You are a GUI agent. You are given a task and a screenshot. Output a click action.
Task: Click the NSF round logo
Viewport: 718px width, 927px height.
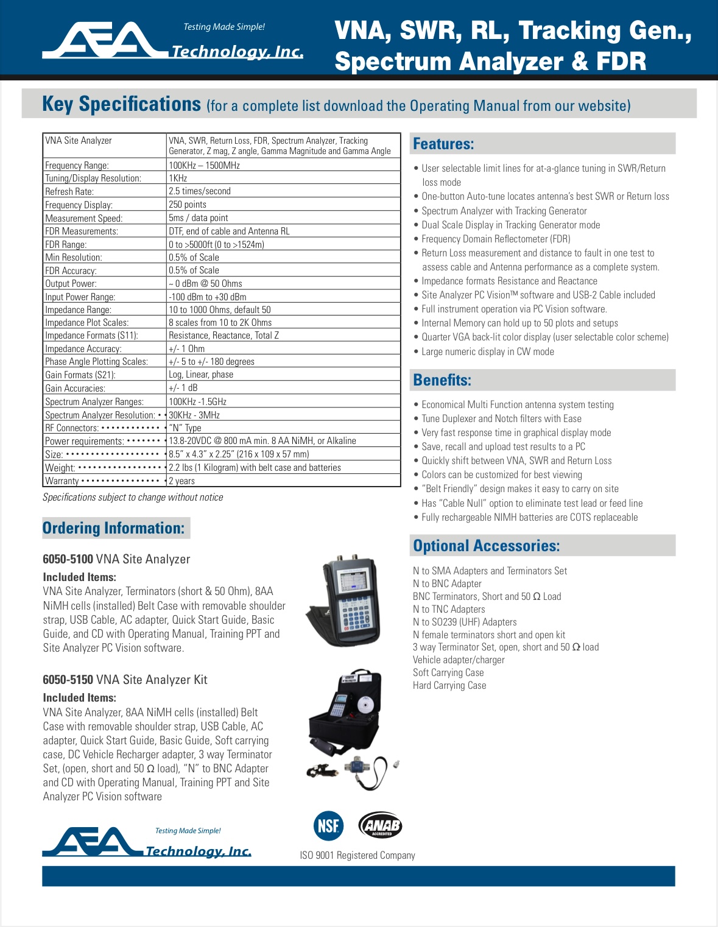pos(328,826)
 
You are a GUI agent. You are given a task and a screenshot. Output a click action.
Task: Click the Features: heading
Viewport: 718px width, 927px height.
pos(443,144)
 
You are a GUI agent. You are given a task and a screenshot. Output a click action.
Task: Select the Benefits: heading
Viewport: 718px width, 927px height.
pos(442,381)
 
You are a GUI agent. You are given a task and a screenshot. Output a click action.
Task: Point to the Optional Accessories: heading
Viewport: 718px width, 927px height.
pos(486,546)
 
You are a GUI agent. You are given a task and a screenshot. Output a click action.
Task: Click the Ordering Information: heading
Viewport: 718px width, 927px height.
pos(114,528)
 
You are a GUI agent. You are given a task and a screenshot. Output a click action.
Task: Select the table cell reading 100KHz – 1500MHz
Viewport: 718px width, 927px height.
pos(204,166)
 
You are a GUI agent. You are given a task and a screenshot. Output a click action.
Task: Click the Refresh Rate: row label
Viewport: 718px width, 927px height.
pos(69,192)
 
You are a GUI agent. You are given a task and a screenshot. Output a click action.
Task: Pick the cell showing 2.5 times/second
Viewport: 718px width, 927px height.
pos(200,191)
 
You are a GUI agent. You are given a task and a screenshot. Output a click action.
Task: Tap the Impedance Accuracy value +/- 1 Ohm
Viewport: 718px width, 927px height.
pos(186,349)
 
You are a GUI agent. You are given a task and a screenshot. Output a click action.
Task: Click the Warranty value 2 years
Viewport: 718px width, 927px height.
pos(181,481)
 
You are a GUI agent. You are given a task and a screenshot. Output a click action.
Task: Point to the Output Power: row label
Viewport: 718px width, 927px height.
pos(71,284)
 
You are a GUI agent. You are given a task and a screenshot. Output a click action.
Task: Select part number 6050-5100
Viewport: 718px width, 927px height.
pos(68,559)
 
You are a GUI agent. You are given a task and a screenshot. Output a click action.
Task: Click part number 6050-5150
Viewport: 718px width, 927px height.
pos(68,680)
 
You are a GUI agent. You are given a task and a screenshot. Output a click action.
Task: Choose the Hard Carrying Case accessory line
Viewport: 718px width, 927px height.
pos(449,686)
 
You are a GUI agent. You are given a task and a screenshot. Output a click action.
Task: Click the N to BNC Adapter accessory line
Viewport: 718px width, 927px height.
pos(447,584)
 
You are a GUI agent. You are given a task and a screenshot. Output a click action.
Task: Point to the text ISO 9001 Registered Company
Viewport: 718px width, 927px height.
pos(357,856)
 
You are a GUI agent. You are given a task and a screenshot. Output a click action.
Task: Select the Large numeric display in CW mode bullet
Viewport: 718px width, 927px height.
pos(488,352)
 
